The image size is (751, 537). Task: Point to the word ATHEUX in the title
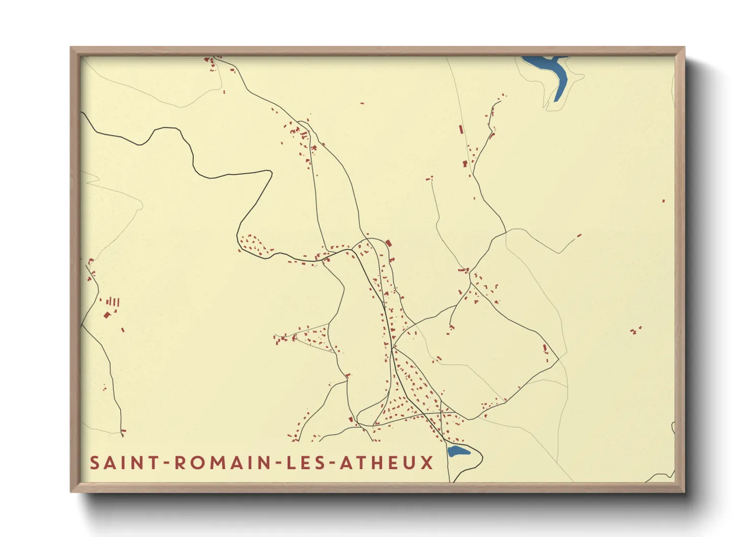pyautogui.click(x=387, y=462)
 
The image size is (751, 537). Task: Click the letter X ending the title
pyautogui.click(x=427, y=462)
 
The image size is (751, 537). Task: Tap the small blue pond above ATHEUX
pyautogui.click(x=458, y=451)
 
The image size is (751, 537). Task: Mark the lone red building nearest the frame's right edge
pyautogui.click(x=663, y=201)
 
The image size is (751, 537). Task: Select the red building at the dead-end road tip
pyautogui.click(x=579, y=236)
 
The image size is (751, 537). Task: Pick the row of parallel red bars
pyautogui.click(x=114, y=302)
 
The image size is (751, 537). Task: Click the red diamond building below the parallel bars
pyautogui.click(x=107, y=315)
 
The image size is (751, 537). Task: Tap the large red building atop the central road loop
pyautogui.click(x=389, y=243)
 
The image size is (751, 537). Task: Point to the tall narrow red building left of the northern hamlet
pyautogui.click(x=461, y=129)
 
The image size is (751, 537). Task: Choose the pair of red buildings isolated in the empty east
pyautogui.click(x=635, y=330)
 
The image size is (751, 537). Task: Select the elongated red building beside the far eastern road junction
pyautogui.click(x=545, y=349)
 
